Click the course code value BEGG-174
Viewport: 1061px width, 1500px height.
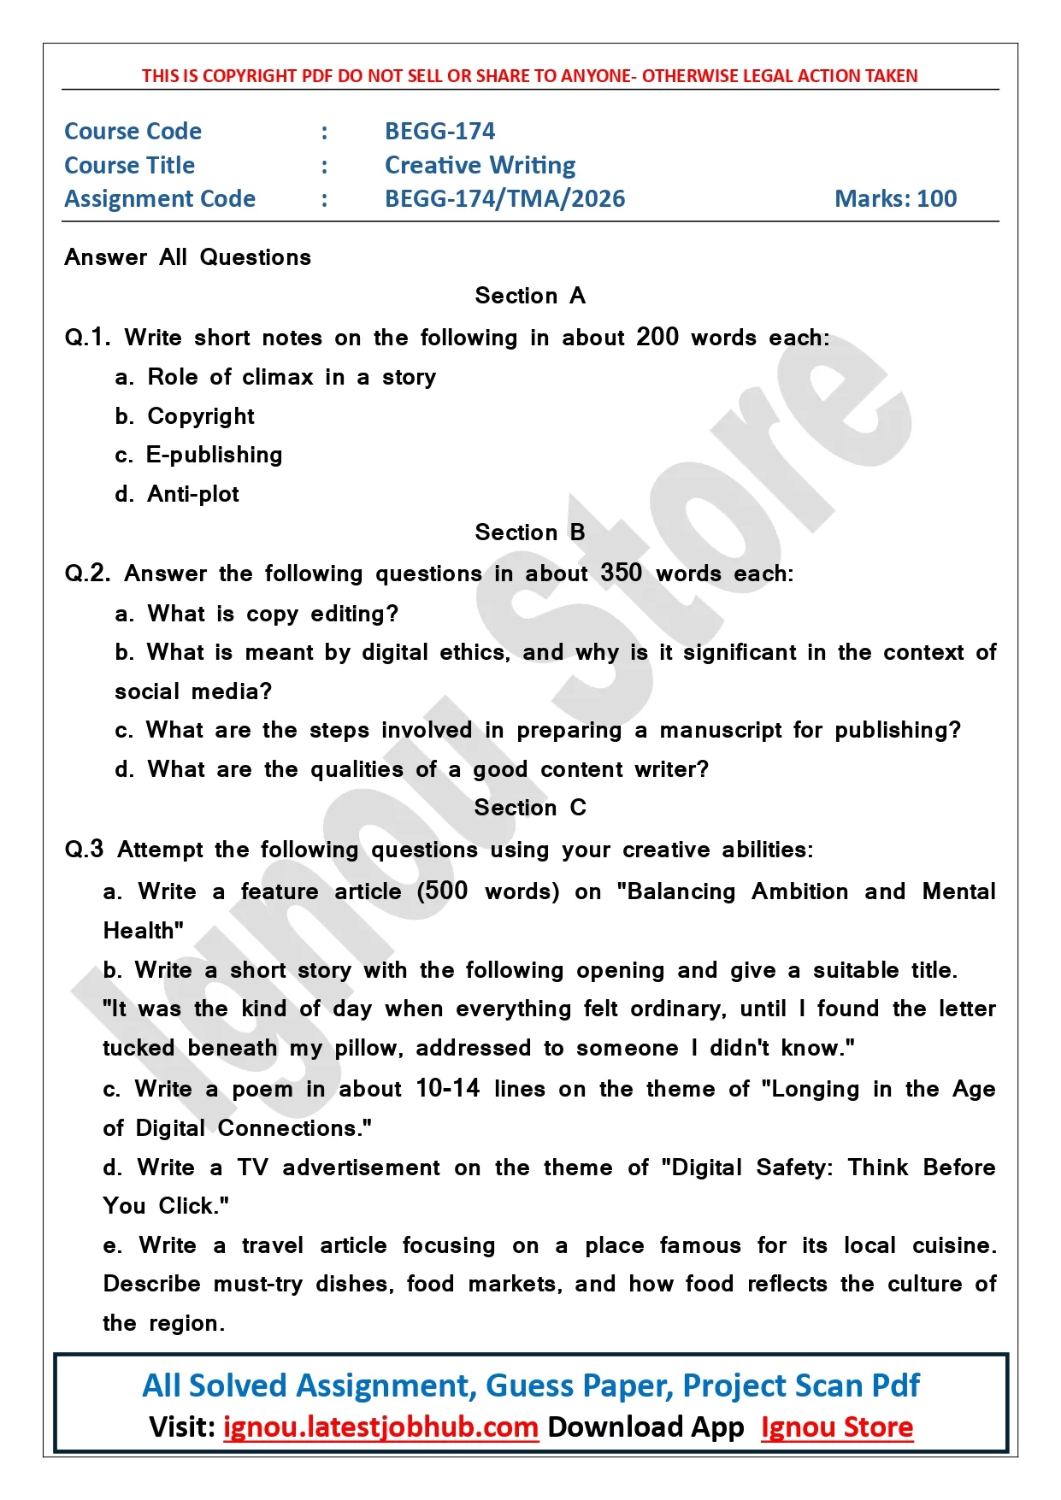click(439, 132)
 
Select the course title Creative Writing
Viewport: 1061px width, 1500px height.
click(480, 165)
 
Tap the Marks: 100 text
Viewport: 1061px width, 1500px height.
click(895, 199)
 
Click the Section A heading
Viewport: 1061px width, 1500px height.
click(530, 296)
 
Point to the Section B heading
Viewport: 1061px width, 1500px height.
click(530, 532)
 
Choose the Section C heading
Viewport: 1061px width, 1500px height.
click(530, 808)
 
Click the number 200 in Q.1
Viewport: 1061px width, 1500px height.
click(657, 337)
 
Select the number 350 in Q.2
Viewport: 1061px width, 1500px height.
click(621, 573)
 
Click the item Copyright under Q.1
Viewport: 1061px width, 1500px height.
click(201, 416)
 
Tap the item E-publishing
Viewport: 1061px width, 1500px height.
click(214, 455)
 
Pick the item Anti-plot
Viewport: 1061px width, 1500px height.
click(193, 494)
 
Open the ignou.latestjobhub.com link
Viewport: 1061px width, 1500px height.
click(380, 1427)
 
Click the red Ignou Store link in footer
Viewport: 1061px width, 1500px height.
click(837, 1427)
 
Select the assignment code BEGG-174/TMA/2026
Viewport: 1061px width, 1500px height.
click(504, 199)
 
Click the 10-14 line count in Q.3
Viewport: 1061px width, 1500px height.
click(448, 1089)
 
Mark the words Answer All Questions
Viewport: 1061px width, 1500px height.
click(188, 257)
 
